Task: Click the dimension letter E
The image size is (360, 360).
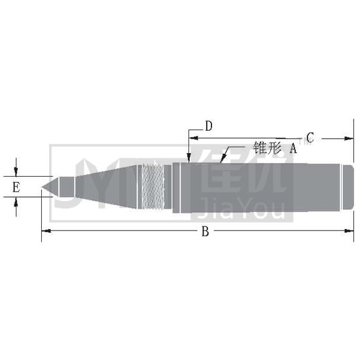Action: (16, 187)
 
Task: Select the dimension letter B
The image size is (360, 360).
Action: (206, 231)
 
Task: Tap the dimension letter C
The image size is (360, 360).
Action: (310, 137)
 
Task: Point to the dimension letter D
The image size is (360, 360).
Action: (208, 126)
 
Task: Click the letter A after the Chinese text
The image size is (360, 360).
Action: (293, 148)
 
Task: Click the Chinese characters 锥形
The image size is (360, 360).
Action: (267, 148)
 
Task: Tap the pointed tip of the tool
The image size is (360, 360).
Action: (42, 187)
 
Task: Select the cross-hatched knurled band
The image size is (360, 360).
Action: (153, 187)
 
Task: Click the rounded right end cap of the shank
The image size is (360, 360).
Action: (348, 187)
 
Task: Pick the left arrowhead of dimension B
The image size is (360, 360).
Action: (46, 231)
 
